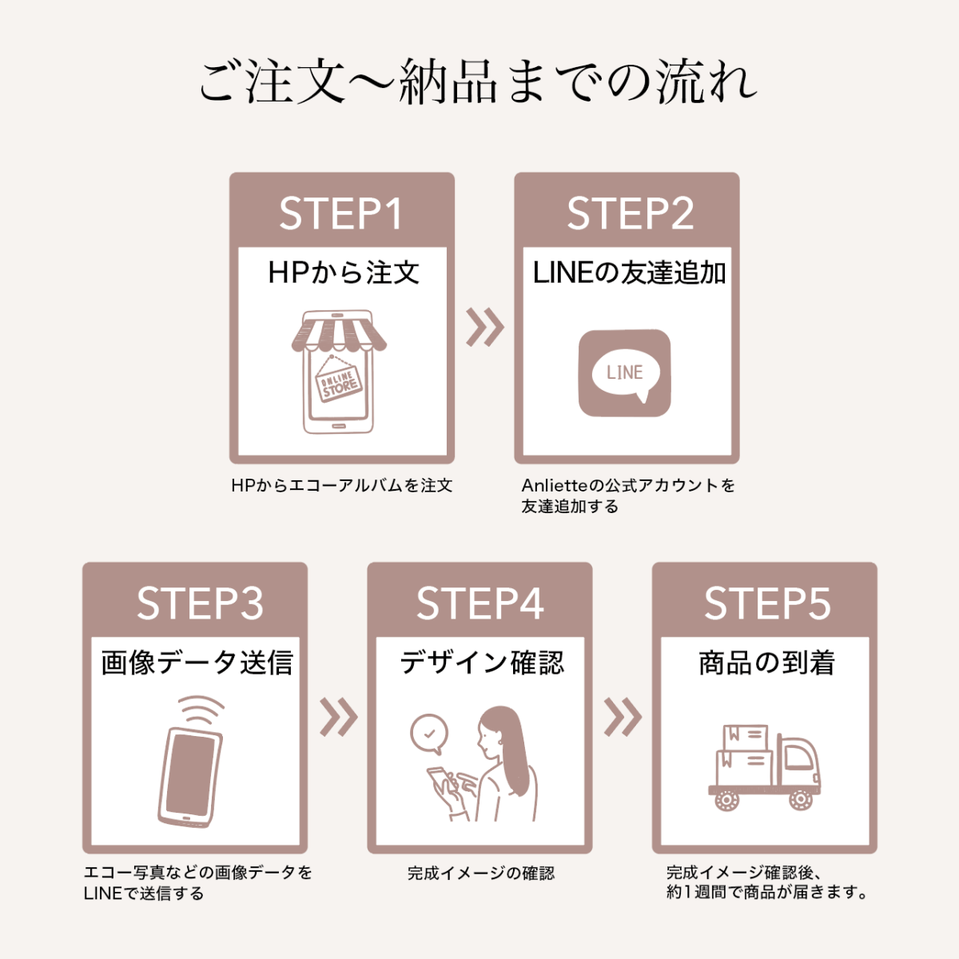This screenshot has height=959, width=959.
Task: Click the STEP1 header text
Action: click(x=341, y=213)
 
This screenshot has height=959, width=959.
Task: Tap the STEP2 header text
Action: click(x=630, y=213)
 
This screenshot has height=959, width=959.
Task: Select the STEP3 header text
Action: click(x=200, y=603)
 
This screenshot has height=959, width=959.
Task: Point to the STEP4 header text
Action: click(x=479, y=603)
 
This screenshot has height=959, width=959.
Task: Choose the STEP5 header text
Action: click(x=767, y=603)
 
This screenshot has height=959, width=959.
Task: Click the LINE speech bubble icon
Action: click(x=625, y=373)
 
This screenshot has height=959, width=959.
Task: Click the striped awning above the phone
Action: click(x=339, y=331)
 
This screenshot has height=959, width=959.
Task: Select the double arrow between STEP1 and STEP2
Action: click(x=485, y=327)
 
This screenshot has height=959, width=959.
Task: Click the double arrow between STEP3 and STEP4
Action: click(x=338, y=717)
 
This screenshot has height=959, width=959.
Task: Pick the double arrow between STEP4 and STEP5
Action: click(x=622, y=717)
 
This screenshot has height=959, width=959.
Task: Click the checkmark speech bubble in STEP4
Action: click(x=429, y=734)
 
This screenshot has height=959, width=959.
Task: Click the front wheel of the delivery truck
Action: click(x=801, y=798)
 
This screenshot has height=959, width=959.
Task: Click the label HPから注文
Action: click(x=344, y=273)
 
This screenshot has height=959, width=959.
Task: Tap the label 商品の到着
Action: click(x=766, y=663)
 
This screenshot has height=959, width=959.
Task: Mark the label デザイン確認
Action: click(x=482, y=663)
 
